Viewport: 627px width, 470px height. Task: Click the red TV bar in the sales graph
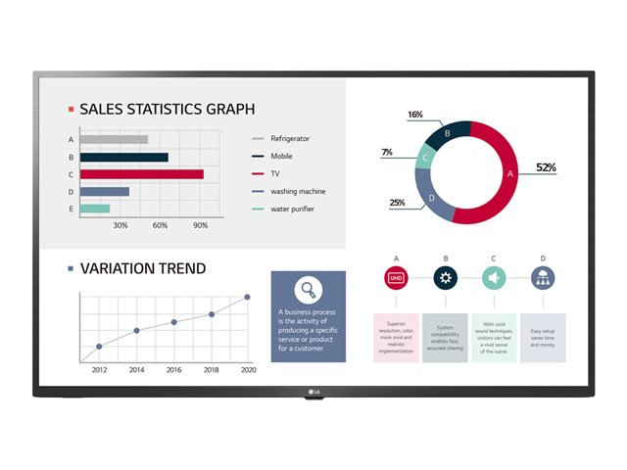[x=142, y=174]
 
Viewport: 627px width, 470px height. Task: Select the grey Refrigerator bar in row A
[x=115, y=140]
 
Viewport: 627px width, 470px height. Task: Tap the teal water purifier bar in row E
[x=95, y=209]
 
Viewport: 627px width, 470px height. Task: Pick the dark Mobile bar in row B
[x=124, y=157]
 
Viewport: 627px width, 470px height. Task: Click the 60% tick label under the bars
[x=161, y=225]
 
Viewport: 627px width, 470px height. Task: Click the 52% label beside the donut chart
[x=546, y=167]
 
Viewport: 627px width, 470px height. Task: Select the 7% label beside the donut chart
[x=387, y=153]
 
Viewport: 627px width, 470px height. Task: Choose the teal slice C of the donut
[x=423, y=157]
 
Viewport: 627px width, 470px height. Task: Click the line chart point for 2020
[x=248, y=297]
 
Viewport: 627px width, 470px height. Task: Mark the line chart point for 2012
[x=99, y=347]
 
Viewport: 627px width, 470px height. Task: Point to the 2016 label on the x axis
[x=173, y=370]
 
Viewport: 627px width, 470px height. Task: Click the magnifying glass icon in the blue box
[x=308, y=289]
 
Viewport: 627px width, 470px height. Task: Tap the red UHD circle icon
[x=396, y=278]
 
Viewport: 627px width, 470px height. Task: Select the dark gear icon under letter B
[x=446, y=278]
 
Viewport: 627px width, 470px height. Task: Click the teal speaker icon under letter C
[x=494, y=278]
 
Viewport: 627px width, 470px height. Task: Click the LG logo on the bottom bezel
[x=314, y=395]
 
